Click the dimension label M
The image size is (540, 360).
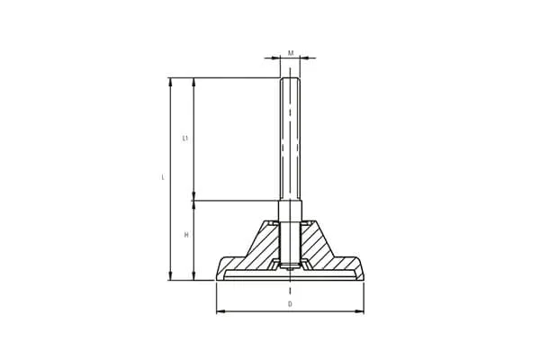coord(291,53)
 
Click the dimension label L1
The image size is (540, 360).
coord(185,139)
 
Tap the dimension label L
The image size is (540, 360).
coord(163,177)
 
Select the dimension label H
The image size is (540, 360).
coord(186,235)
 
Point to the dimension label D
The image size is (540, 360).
coord(291,304)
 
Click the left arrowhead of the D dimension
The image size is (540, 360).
coord(220,311)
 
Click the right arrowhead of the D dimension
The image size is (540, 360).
coord(360,311)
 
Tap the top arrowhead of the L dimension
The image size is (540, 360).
coord(170,82)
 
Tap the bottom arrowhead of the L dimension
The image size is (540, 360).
coord(170,275)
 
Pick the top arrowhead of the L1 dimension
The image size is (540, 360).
coord(193,82)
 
